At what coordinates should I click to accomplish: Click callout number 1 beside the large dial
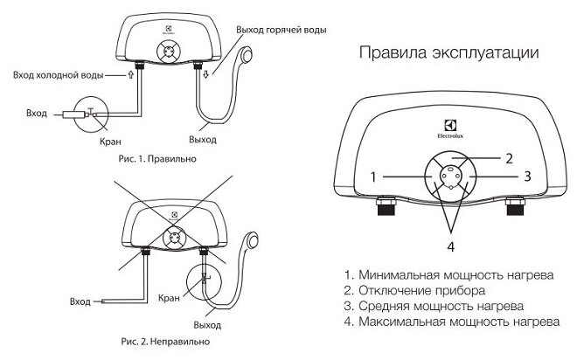click(374, 176)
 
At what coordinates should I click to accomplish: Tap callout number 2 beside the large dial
click(506, 159)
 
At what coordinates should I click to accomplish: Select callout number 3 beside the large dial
click(527, 176)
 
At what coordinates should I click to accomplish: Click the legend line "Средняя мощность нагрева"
click(434, 307)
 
